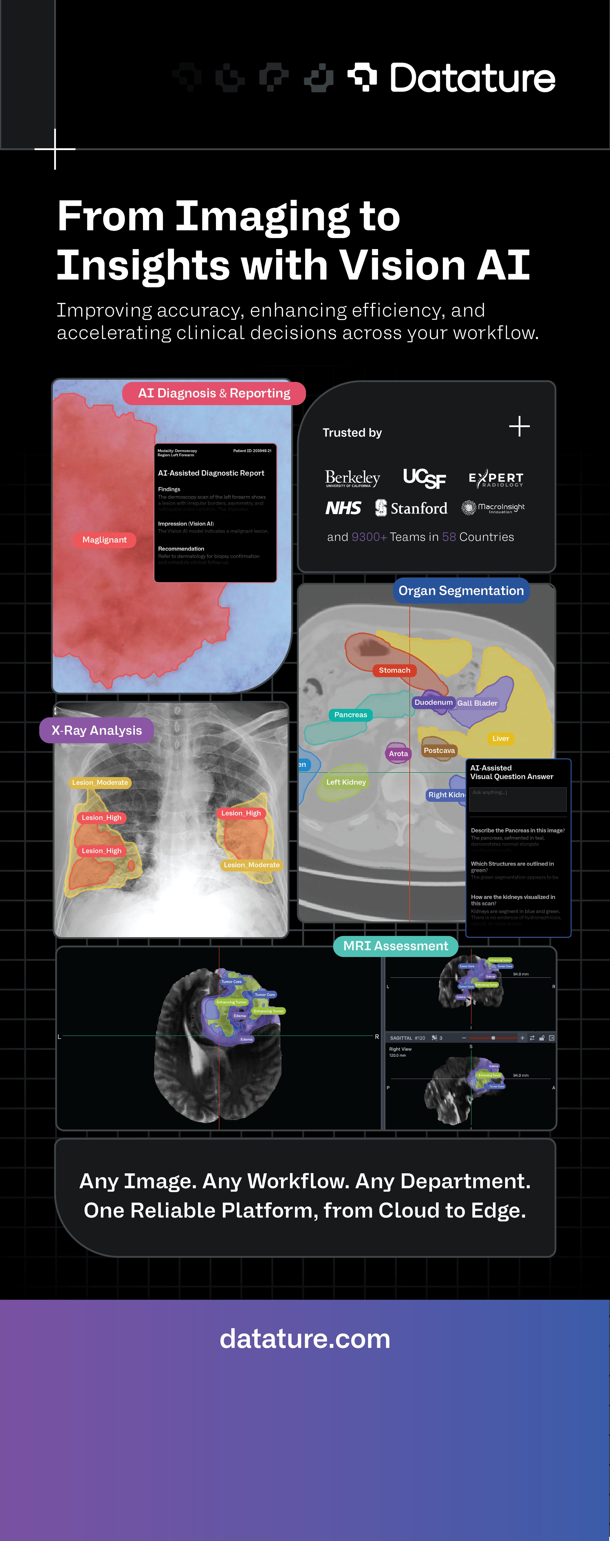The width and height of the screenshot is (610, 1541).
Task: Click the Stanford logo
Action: (411, 508)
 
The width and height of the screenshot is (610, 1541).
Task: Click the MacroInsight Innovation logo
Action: (493, 508)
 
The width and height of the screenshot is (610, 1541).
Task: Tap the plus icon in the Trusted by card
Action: (519, 426)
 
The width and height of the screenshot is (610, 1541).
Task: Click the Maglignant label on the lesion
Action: (105, 540)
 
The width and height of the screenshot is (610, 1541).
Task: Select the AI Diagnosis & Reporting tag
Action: (214, 393)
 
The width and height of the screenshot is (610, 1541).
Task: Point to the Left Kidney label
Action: (346, 782)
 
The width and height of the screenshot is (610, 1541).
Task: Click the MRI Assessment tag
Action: (395, 946)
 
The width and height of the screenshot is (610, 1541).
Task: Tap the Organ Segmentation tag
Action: (461, 590)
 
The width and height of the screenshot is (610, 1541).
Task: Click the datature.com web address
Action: (305, 1339)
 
